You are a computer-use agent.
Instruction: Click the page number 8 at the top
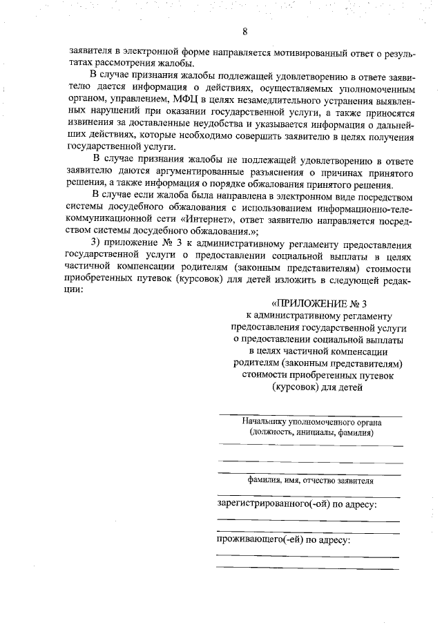point(245,31)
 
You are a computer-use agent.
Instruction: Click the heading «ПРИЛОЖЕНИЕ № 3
point(317,303)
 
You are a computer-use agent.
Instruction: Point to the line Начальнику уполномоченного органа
point(311,421)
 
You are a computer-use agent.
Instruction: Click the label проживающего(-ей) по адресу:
point(284,540)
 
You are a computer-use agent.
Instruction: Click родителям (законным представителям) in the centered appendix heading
point(317,363)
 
